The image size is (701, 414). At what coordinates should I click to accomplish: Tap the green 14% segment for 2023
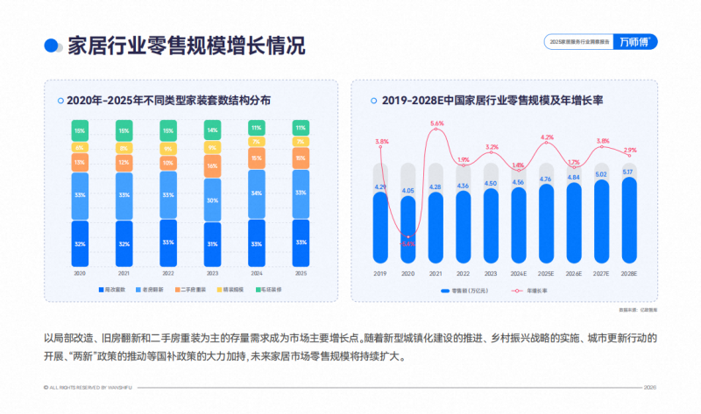(x=211, y=130)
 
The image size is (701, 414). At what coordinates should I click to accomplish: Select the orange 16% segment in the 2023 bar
(x=211, y=165)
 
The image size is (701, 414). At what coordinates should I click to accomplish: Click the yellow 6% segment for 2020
(x=80, y=147)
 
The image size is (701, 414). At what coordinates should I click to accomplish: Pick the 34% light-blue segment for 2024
(x=256, y=193)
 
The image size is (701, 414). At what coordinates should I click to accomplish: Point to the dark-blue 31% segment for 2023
(x=211, y=243)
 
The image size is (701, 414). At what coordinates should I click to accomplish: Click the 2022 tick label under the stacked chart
(x=167, y=273)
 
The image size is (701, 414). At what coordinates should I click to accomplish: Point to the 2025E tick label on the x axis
(x=546, y=274)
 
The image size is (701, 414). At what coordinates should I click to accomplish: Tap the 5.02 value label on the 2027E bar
(x=601, y=173)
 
